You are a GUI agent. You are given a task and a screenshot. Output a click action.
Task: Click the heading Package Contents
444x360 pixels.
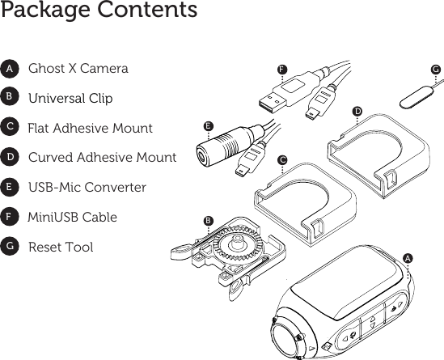(99, 11)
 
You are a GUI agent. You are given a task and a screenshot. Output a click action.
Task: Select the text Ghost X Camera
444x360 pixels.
(78, 69)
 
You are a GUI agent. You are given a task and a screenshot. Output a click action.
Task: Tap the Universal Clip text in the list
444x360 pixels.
(70, 99)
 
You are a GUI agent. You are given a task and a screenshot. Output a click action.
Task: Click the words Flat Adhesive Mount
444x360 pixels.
(90, 128)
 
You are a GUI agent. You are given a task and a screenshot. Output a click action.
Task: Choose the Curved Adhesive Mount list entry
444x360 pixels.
(102, 158)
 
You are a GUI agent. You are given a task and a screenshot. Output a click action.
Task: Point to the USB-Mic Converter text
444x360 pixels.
(87, 188)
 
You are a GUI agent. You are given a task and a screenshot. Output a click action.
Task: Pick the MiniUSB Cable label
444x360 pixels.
(72, 218)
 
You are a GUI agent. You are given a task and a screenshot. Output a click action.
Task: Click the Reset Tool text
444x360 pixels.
(61, 248)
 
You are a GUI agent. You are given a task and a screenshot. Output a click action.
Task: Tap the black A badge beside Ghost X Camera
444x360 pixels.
(9, 70)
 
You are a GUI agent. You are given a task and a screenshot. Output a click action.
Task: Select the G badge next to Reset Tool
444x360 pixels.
(9, 248)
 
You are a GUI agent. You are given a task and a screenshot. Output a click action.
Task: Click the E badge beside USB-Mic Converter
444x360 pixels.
(9, 188)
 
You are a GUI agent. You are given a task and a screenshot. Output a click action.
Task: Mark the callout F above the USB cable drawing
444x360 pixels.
(282, 70)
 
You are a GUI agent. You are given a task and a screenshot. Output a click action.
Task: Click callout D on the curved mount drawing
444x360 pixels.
(357, 109)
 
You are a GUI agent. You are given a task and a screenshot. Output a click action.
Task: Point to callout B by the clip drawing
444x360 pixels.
(208, 220)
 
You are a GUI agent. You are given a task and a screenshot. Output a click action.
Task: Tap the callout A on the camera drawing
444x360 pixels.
(408, 257)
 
